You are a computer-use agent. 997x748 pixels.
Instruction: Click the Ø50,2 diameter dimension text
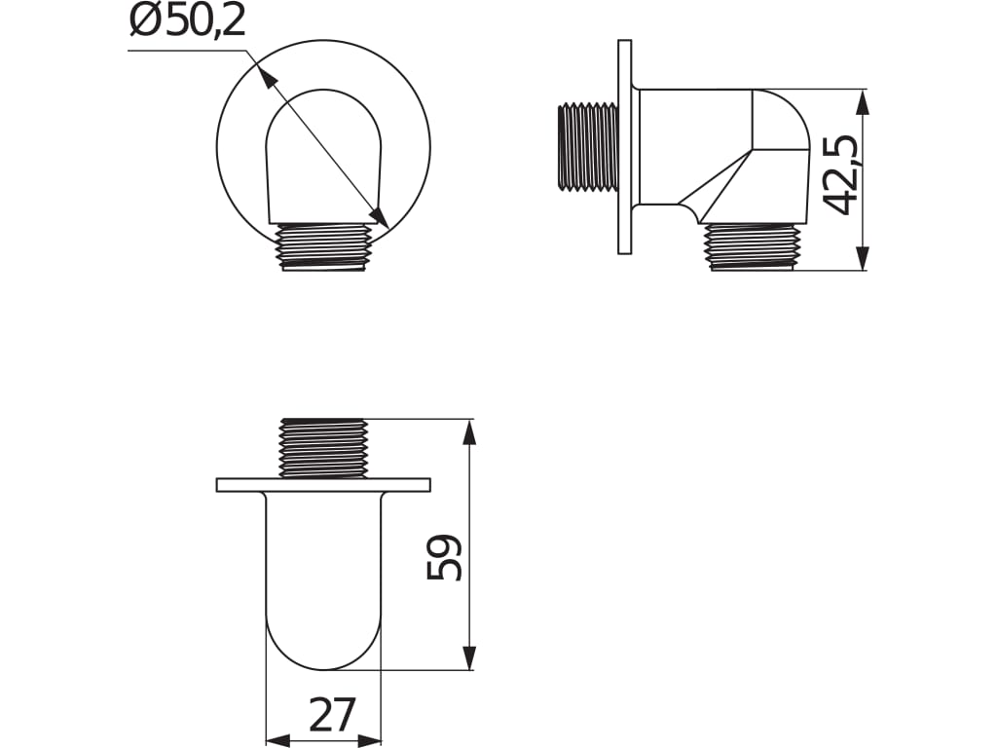pos(187,21)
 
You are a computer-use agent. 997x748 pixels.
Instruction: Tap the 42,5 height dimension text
pos(841,174)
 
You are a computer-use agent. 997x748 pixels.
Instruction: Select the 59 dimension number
pos(445,557)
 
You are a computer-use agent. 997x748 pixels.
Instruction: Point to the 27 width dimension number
pos(332,717)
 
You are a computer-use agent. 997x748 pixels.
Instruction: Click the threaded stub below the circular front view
pos(323,246)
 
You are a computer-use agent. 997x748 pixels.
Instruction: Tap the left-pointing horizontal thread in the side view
pos(588,146)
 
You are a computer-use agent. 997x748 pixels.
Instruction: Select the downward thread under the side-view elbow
pos(752,247)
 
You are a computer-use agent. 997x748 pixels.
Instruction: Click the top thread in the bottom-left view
pos(323,448)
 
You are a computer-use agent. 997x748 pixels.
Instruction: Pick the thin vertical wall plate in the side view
pos(624,146)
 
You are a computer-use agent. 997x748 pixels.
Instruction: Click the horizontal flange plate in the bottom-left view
pos(323,484)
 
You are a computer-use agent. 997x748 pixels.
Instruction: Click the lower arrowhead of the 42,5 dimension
pos(862,258)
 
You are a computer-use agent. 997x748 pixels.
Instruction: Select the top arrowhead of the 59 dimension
pos(469,432)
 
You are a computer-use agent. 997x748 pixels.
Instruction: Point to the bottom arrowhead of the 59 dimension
pos(469,657)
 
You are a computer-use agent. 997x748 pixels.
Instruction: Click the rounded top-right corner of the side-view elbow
pos(791,110)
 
